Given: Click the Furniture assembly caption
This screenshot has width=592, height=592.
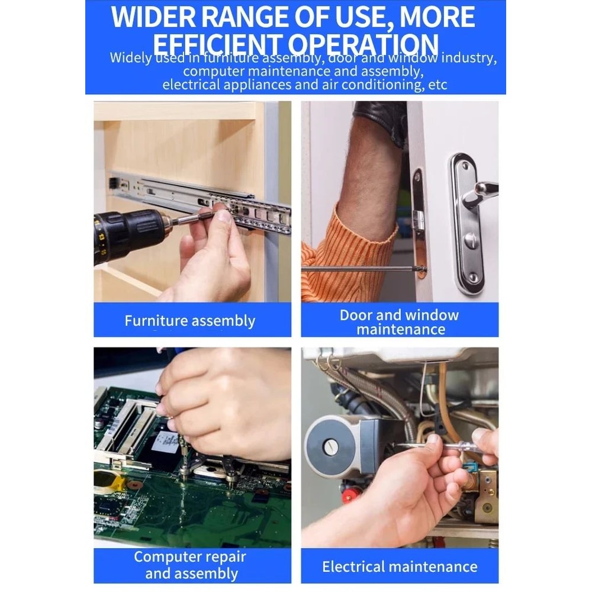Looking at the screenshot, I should pos(189,321).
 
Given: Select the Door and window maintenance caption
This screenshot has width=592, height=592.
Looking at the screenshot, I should pos(399,321).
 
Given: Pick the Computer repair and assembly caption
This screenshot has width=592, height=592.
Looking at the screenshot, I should pos(189,565).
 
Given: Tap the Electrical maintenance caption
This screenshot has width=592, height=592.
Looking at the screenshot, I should pos(399,567).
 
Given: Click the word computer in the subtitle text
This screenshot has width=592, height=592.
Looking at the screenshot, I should pos(219,72).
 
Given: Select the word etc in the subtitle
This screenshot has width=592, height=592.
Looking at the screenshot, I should pos(437,85).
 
